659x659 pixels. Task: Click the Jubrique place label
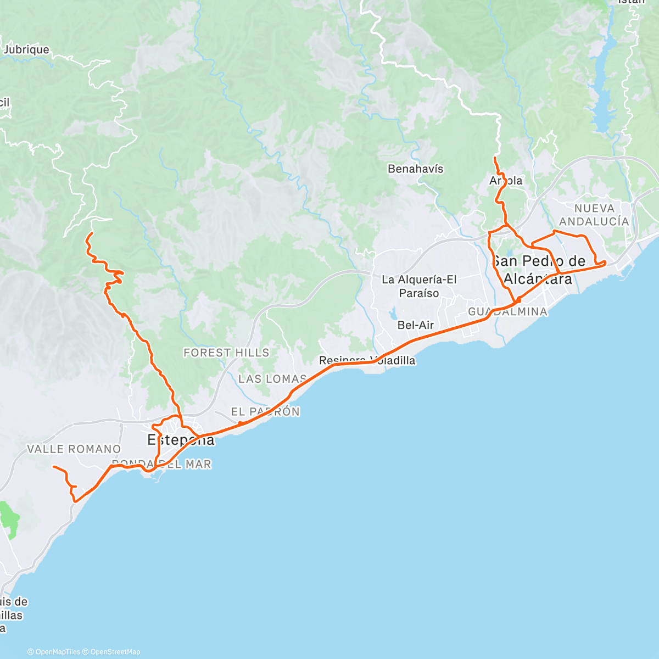tap(26, 50)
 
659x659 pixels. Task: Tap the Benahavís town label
tap(415, 169)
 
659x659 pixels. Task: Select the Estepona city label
tap(181, 440)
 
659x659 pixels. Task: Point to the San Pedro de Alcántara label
tap(538, 270)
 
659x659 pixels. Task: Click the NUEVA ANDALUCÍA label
tap(594, 215)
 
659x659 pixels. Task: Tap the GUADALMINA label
tap(507, 312)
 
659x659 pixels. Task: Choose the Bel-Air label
tap(415, 325)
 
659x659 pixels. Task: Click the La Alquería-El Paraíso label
tap(419, 286)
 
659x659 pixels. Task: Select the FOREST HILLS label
tap(226, 353)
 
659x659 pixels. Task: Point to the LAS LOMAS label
tap(272, 379)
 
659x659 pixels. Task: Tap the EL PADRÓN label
tap(265, 412)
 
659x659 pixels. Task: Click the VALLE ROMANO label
tap(74, 449)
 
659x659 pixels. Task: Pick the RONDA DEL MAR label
tap(161, 465)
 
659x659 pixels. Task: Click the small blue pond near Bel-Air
tap(394, 315)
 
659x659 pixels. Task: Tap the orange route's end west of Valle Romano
tap(53, 467)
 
